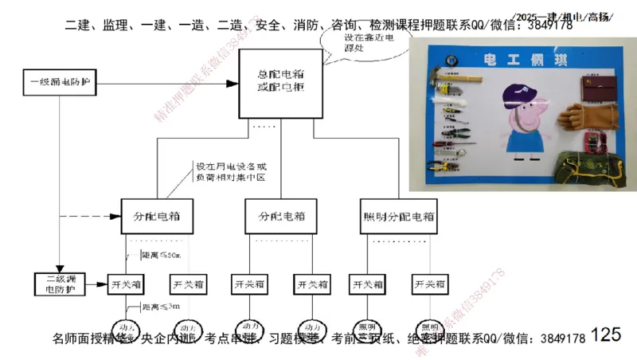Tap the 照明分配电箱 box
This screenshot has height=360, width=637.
click(399, 216)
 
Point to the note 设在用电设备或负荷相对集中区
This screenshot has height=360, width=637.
click(231, 173)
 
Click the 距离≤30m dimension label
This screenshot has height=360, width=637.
click(161, 255)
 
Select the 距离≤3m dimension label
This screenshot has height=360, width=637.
click(160, 307)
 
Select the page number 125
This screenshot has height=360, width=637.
click(606, 335)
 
